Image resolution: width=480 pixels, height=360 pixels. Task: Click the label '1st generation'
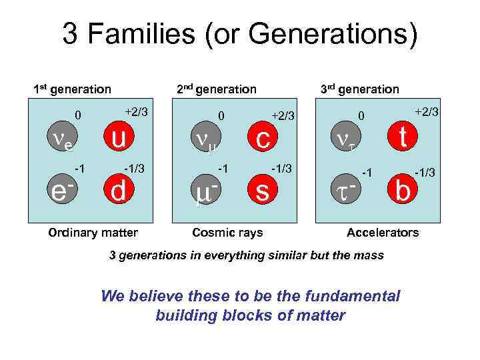tap(73, 89)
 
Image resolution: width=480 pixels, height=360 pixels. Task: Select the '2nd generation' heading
tap(215, 89)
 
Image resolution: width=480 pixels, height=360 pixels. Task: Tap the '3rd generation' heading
tap(359, 89)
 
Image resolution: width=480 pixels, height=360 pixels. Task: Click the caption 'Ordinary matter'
tap(93, 233)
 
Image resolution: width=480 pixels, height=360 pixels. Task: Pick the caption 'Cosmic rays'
tap(227, 233)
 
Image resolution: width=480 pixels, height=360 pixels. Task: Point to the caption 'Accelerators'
tap(383, 233)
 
